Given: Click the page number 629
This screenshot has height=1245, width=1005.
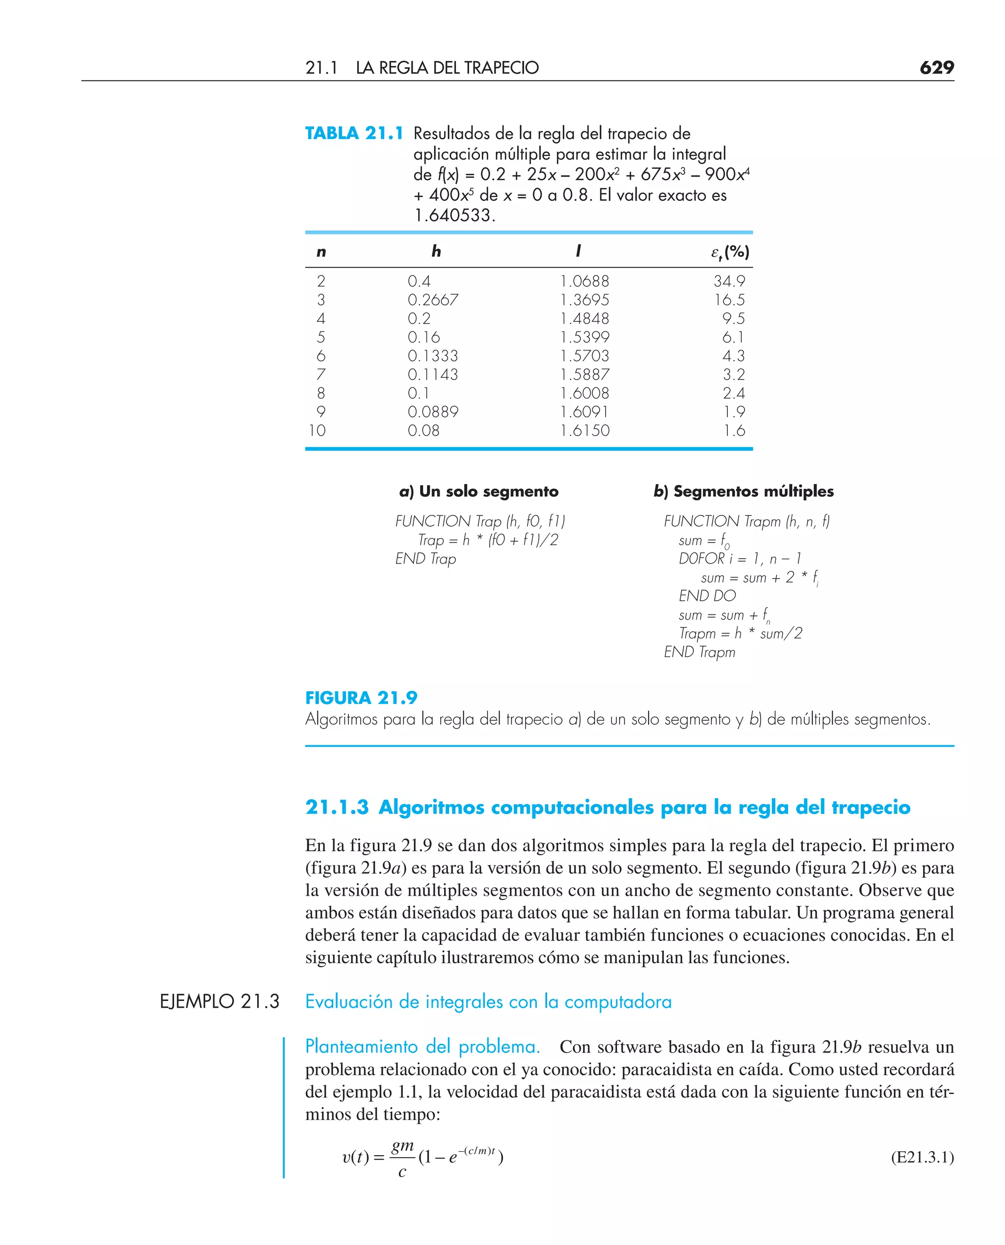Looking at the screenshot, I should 936,68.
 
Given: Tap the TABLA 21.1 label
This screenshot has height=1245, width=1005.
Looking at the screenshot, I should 354,134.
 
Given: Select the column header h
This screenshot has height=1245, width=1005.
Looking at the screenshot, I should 436,251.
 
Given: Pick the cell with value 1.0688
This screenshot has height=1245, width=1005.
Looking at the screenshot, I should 584,281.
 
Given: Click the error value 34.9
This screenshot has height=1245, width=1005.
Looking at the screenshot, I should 729,281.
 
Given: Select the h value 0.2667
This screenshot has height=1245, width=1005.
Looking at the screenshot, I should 432,300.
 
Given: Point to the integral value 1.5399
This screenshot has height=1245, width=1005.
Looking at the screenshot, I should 584,337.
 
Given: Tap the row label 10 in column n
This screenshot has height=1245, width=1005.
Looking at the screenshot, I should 317,430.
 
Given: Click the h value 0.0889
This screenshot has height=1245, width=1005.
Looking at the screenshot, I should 432,412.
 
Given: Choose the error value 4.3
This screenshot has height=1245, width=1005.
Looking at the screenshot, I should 733,355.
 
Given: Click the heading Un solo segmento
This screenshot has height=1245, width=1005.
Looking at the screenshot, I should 479,491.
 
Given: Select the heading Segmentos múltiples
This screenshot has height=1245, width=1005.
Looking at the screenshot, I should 743,491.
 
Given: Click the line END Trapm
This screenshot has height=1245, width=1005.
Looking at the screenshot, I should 699,652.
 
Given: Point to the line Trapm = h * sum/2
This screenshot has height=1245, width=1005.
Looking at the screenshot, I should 741,633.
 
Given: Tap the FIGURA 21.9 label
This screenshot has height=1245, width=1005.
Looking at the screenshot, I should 361,698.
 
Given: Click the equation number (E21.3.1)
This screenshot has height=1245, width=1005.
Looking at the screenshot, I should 922,1157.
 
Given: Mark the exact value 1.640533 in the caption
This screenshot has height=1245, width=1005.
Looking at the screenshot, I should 454,216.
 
